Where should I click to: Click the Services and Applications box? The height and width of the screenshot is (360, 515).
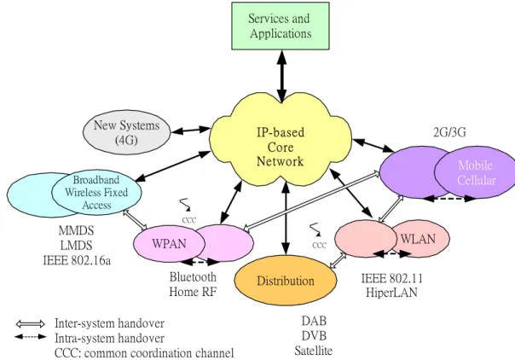pos(281,26)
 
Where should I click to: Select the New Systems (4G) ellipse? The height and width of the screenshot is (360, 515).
pos(127,132)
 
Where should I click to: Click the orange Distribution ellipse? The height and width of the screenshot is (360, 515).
pos(286,280)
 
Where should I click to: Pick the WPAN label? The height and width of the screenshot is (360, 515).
pos(169,244)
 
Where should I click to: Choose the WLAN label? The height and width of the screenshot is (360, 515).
pos(418,239)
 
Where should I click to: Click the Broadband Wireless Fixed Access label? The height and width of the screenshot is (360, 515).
pos(96,193)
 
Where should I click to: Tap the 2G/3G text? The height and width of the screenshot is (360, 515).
pos(449,132)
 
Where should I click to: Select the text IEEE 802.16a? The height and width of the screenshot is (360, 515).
pos(77,260)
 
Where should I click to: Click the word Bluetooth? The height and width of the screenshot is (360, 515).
pos(193,277)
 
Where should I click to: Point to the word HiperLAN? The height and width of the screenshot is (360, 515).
pos(391,292)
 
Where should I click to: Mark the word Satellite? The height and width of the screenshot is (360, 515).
pos(313,351)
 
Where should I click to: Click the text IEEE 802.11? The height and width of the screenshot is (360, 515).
pos(392,279)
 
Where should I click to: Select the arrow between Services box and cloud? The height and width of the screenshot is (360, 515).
pos(281,76)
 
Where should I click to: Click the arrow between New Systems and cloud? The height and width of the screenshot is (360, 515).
pos(190,130)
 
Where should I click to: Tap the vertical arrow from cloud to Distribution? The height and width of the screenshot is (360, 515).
pos(286,218)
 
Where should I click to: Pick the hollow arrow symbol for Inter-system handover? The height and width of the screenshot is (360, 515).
pos(30,324)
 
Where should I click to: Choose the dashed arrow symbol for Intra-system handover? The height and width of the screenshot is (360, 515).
pos(30,337)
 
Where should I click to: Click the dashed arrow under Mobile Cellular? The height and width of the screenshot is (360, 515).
pos(448,199)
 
